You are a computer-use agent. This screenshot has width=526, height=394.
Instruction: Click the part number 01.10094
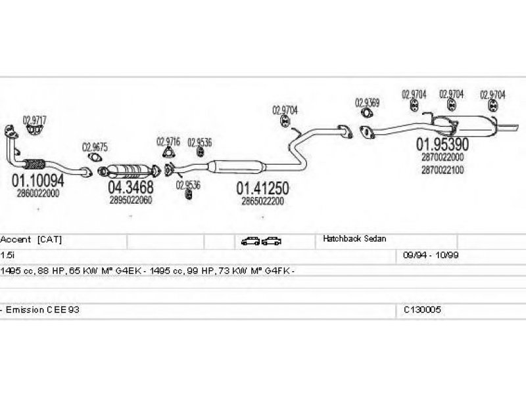37,181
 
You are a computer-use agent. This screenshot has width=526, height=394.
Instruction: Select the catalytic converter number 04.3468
130,187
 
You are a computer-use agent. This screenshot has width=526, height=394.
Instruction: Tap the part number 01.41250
262,188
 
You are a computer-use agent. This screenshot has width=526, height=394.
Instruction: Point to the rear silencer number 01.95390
442,144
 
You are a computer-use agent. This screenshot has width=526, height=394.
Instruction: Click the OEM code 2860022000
38,193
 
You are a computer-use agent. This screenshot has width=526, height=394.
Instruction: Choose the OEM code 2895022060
130,200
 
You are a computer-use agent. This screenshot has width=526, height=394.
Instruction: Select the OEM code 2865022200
262,201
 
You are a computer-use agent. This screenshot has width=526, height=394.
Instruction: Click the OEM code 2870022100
442,170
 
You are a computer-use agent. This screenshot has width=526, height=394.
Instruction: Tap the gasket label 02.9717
35,120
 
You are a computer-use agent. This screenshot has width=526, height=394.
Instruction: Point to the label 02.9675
95,147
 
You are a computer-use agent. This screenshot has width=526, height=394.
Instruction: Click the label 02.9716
168,141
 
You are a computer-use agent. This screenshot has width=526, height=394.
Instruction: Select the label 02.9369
368,102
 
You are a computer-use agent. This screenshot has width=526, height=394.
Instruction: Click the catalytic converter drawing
129,171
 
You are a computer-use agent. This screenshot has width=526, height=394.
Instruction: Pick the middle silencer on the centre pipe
237,166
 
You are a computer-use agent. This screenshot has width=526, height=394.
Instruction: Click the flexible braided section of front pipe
34,164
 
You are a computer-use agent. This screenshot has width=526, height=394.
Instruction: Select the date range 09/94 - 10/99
431,255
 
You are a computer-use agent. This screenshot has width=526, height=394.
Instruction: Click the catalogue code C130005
422,309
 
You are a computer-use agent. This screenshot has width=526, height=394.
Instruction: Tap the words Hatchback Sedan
354,239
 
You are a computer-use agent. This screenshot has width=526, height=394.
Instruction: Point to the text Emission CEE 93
43,309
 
